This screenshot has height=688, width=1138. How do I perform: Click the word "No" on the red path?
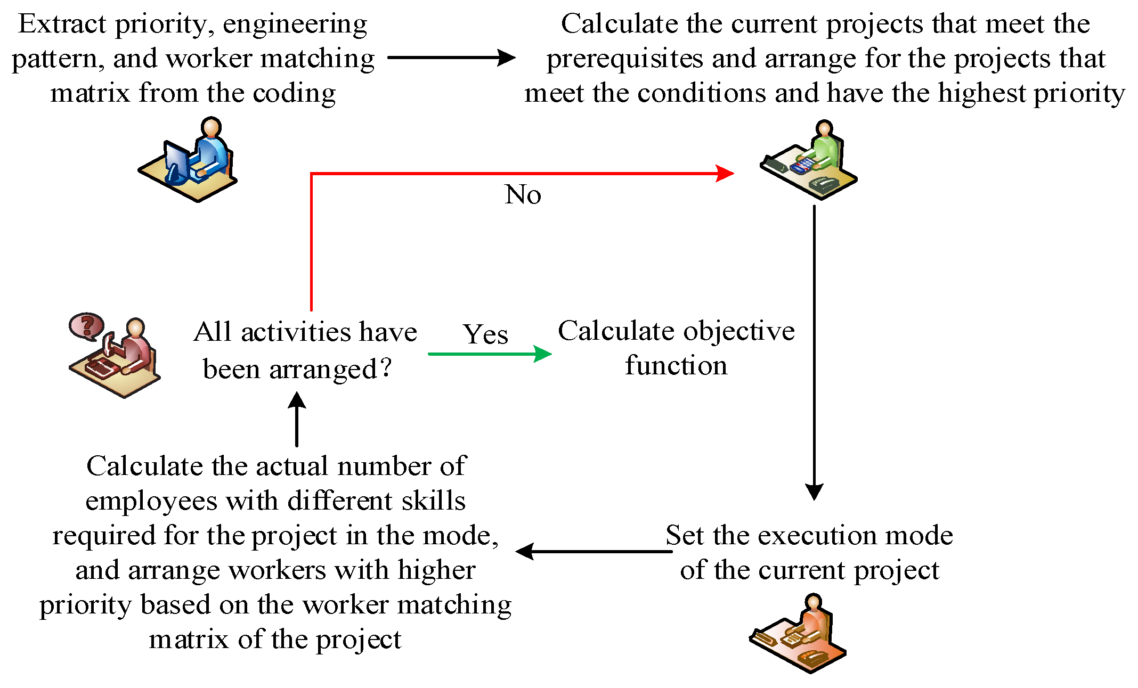coord(523,194)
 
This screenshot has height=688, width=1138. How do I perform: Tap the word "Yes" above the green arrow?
coord(485,334)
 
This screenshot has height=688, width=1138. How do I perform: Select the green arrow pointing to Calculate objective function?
coord(490,354)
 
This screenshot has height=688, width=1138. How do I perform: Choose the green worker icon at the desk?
coord(809,160)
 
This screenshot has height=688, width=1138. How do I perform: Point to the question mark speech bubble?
coord(86,325)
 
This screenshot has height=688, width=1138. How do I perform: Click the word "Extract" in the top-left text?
coord(62,24)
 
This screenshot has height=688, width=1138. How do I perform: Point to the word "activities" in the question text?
coord(296,332)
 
